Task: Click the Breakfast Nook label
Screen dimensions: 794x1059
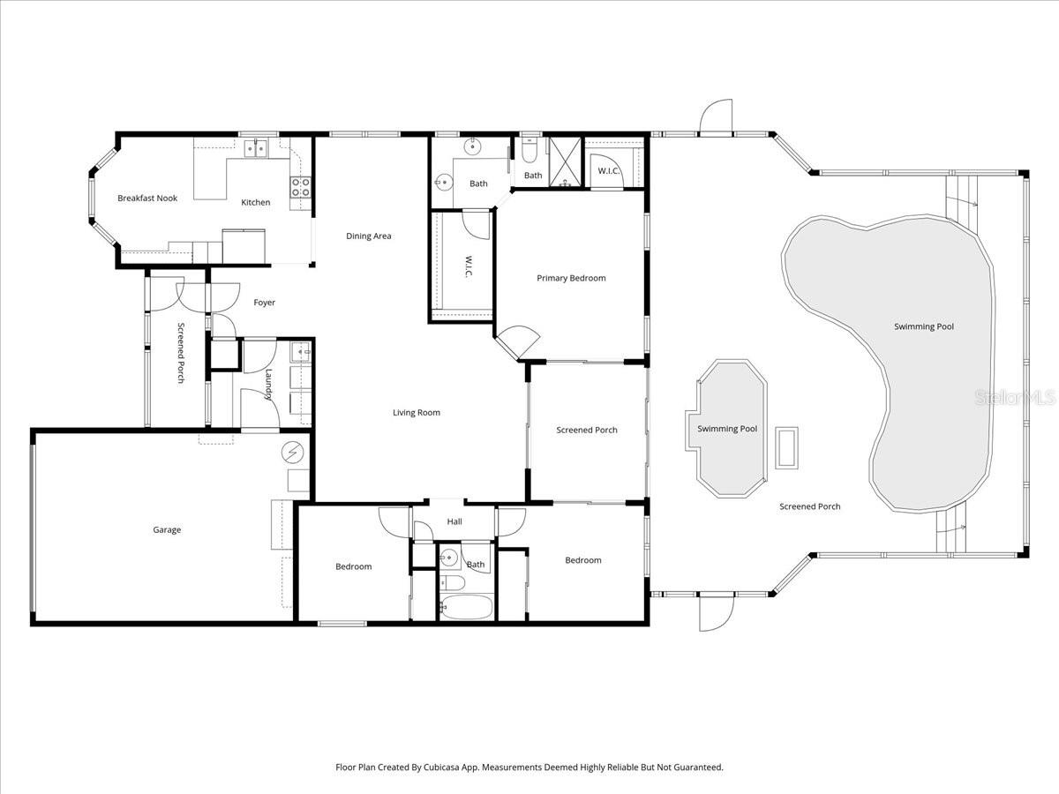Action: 147,198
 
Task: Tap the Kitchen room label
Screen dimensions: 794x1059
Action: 256,203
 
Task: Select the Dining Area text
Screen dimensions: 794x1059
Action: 369,236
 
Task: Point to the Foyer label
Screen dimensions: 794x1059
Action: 265,303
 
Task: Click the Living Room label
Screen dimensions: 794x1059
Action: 417,413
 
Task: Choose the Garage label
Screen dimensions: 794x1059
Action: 167,530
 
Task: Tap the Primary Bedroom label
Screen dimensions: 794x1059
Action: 571,279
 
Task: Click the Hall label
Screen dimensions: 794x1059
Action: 454,522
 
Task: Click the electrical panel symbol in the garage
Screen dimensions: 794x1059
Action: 291,453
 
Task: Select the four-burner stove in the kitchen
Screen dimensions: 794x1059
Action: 300,186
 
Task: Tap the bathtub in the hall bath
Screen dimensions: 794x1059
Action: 466,608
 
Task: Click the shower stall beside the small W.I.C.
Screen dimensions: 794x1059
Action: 565,162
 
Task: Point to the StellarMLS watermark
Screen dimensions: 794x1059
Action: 1015,399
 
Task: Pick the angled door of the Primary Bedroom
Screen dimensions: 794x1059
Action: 517,341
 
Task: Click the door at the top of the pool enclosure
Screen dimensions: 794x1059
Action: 717,117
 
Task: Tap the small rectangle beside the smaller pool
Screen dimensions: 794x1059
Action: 786,447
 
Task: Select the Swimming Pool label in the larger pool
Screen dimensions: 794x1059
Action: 924,327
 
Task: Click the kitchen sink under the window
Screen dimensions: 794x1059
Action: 256,148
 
